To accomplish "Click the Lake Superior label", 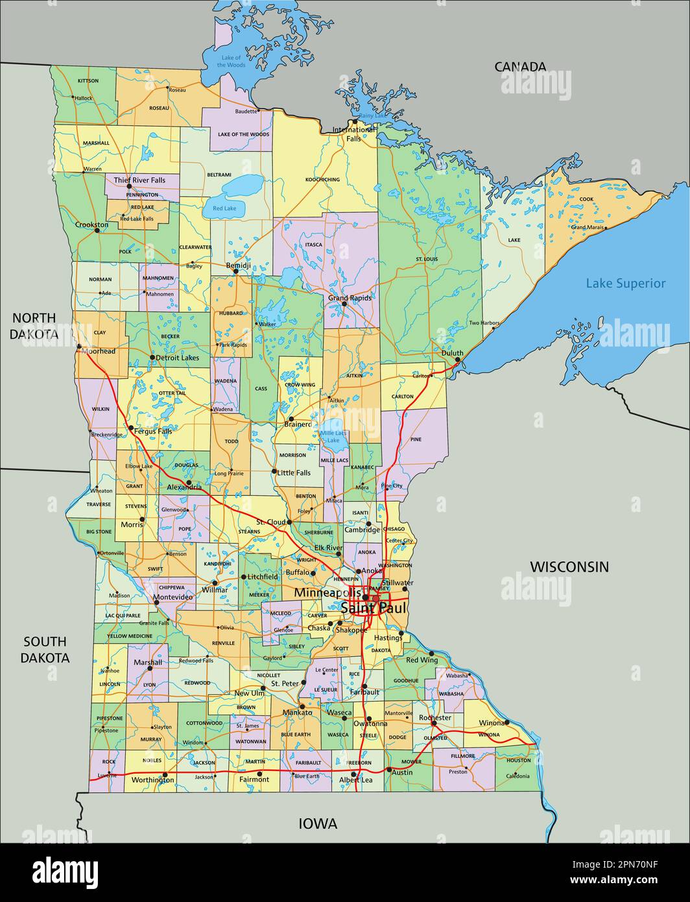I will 625,283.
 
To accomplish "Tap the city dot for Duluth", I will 458,360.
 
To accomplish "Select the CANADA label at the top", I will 520,66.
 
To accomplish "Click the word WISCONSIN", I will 569,567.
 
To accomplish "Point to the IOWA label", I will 318,823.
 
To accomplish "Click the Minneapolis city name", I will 327,592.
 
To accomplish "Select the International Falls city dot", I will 355,121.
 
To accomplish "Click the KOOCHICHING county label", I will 322,179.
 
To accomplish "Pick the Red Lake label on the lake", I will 224,208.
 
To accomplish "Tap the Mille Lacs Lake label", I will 333,437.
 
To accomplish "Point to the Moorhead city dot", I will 79,347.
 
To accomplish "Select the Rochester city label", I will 434,718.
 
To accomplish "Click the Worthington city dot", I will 165,774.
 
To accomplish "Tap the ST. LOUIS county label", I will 427,259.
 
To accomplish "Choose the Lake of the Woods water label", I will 232,62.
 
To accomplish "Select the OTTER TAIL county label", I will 172,393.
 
